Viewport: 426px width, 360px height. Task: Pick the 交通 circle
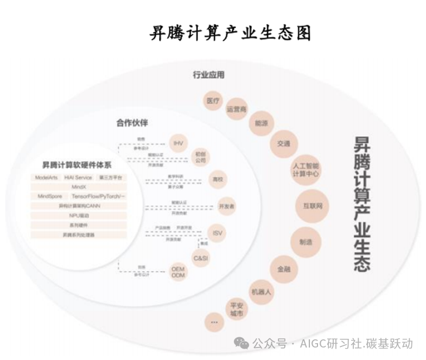coord(283,144)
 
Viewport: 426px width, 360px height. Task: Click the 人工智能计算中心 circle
coord(305,170)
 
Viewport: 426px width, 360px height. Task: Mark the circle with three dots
coord(213,322)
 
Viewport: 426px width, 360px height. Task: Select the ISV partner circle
coord(217,233)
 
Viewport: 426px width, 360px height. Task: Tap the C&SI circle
coord(200,258)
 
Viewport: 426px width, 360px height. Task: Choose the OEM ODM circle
coord(178,273)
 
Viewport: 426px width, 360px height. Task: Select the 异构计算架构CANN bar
coord(79,206)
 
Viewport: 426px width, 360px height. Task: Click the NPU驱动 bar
coord(79,216)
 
